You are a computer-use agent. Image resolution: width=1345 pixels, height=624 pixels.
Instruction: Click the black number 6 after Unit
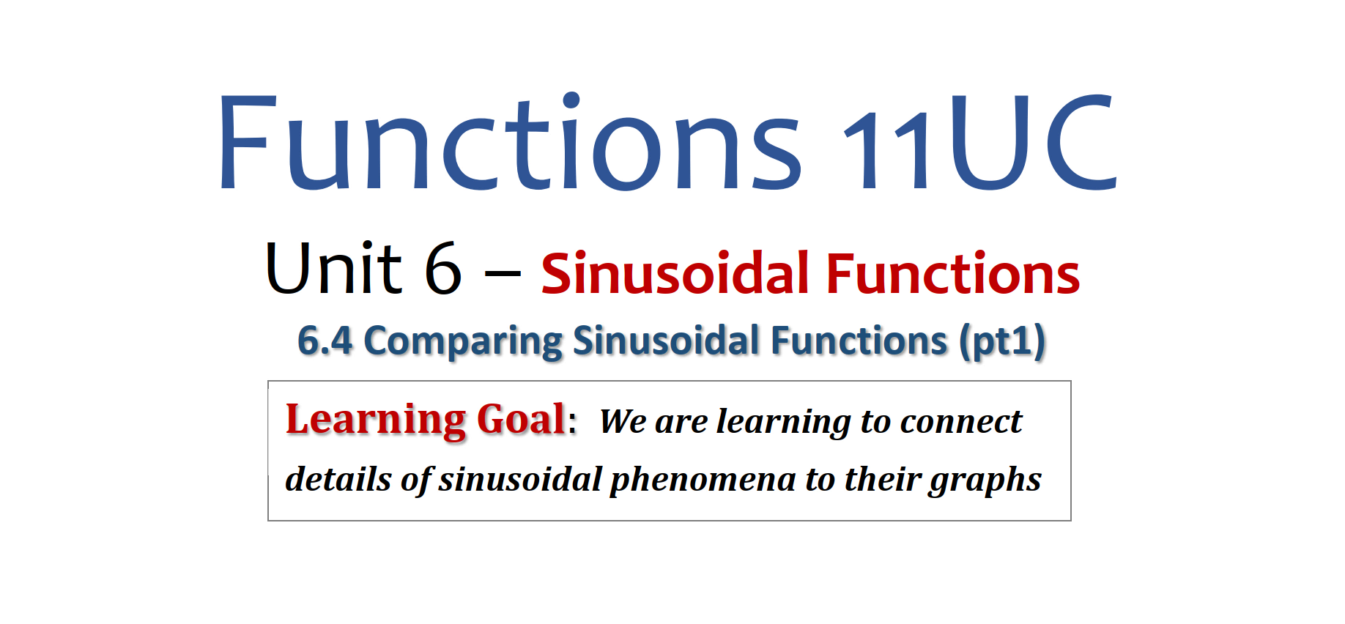click(443, 268)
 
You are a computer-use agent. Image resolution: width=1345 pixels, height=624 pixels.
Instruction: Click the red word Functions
click(953, 273)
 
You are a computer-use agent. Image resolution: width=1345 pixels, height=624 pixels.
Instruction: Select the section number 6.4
click(325, 341)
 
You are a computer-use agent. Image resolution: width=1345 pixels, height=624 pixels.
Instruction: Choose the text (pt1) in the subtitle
click(1003, 342)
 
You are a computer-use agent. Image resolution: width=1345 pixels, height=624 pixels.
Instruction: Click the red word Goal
click(521, 420)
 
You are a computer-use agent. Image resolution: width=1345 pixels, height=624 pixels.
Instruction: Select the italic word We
click(623, 421)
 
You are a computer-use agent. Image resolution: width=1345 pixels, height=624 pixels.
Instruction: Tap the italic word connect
click(961, 421)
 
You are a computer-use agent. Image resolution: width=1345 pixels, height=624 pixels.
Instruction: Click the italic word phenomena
click(703, 480)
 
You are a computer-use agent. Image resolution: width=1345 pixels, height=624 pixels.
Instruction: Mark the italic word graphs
click(985, 480)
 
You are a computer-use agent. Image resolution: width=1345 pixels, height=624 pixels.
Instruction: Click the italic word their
click(883, 479)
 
